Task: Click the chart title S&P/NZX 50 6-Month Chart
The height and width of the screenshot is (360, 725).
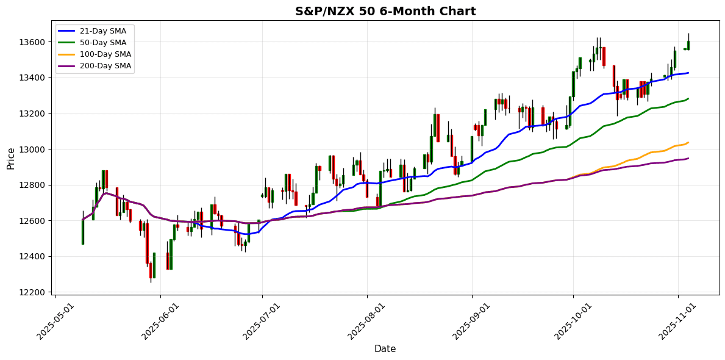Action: tap(385, 12)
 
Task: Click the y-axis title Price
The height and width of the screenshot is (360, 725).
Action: tap(11, 158)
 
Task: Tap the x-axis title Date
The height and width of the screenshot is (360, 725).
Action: tap(385, 349)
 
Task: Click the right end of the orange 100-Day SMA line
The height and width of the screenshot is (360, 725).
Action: tap(688, 143)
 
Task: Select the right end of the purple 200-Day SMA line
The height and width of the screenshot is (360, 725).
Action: tap(688, 159)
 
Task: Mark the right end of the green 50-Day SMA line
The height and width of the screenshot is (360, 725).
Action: tap(688, 98)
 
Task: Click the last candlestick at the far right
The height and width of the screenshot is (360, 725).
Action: tap(688, 45)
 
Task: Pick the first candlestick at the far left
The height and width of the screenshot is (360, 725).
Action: tap(82, 232)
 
